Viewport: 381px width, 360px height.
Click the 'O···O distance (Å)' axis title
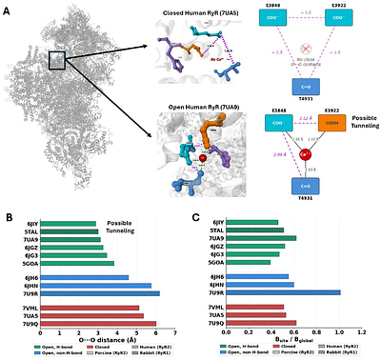click(x=107, y=340)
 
